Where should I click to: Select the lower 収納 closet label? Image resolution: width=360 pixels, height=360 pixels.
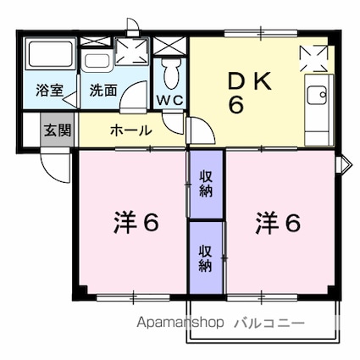(x=206, y=257)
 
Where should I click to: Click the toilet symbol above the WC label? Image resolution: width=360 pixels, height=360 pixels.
(x=172, y=72)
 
